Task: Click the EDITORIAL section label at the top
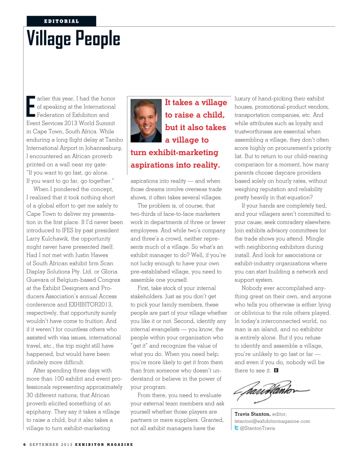[61, 21]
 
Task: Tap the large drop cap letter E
[31, 106]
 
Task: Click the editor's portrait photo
[146, 121]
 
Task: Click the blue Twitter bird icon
[237, 428]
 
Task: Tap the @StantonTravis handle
[257, 428]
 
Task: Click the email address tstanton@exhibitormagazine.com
[272, 421]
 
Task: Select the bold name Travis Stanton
[252, 414]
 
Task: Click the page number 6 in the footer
[24, 444]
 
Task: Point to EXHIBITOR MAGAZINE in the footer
[104, 444]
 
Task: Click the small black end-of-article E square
[276, 370]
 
